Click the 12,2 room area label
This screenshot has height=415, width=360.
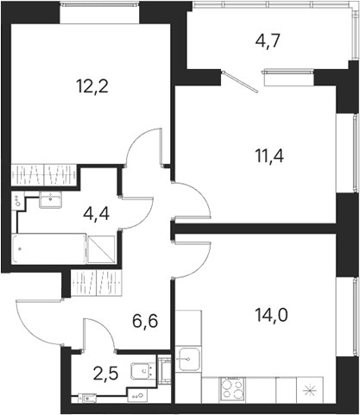(x=92, y=86)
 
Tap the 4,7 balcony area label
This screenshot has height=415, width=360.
(x=268, y=41)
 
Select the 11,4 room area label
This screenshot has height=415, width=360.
(x=269, y=156)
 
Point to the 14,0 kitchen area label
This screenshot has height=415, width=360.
(x=271, y=315)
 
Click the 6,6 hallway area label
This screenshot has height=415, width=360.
(x=145, y=321)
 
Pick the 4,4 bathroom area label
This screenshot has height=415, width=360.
(x=96, y=214)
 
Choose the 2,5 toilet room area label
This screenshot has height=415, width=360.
(x=105, y=374)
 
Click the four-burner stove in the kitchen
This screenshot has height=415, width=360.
(x=233, y=390)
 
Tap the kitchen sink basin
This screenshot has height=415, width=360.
(x=188, y=359)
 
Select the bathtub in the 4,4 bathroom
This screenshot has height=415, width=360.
(x=49, y=248)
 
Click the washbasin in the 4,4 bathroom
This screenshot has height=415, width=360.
(x=51, y=199)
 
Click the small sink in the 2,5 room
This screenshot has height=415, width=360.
(x=87, y=398)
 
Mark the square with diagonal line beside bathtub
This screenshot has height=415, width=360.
(x=101, y=249)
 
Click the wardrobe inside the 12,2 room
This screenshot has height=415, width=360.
(x=44, y=175)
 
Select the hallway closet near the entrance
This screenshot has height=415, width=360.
(x=96, y=283)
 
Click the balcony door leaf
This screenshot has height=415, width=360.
(x=241, y=82)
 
